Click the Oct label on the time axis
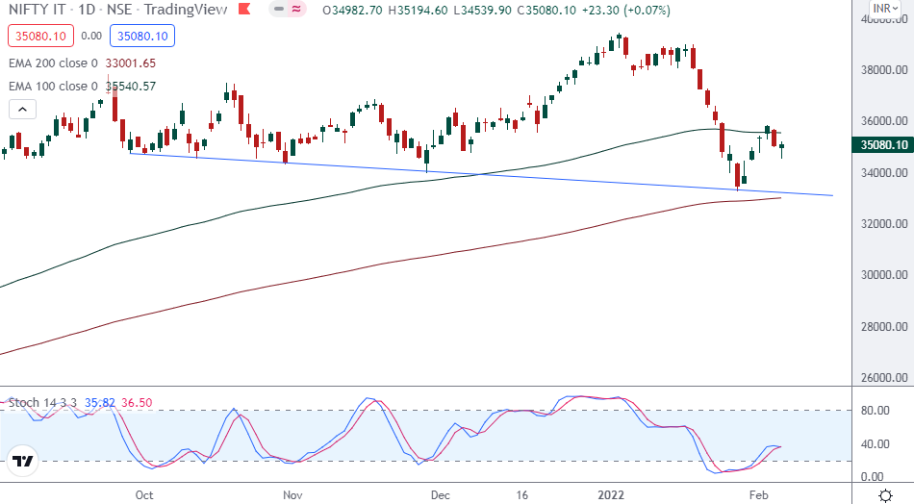tap(144, 494)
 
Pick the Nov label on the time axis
tap(292, 494)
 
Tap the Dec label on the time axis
tap(441, 494)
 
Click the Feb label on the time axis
tap(760, 494)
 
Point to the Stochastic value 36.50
tap(136, 403)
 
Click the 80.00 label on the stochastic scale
tap(873, 411)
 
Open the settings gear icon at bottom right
tap(885, 493)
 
